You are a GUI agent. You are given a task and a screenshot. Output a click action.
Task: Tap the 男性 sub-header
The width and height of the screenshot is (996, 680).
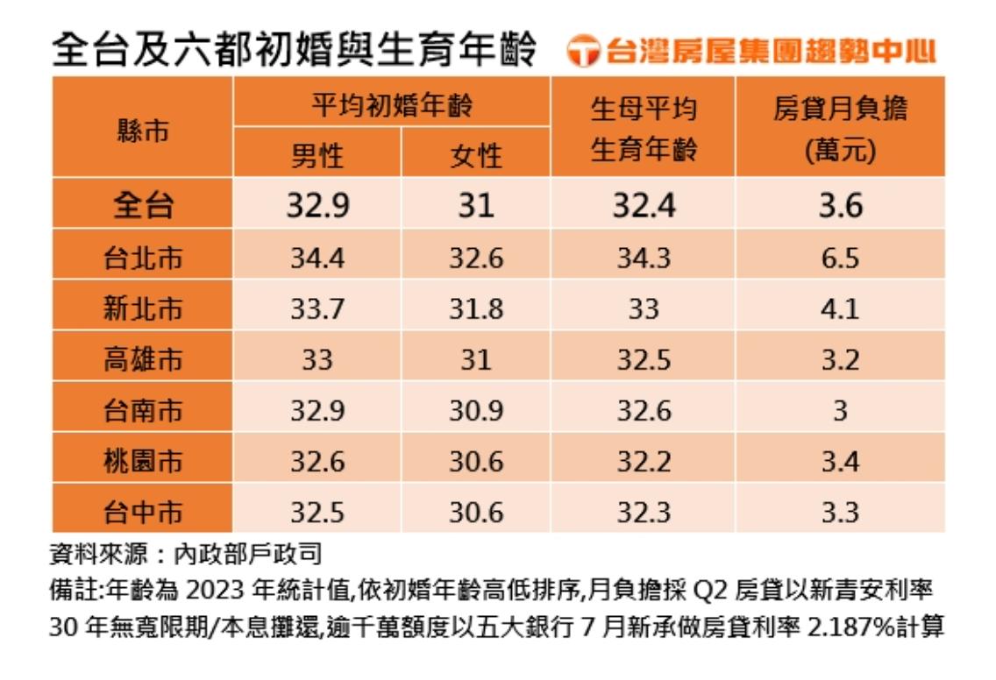(x=317, y=155)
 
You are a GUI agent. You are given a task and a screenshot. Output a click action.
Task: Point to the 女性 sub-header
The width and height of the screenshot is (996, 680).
(x=476, y=155)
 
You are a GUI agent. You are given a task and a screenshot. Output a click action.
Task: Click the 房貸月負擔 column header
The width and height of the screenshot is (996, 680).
(x=840, y=128)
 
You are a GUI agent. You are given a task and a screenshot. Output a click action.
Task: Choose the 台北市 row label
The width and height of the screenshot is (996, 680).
(x=143, y=258)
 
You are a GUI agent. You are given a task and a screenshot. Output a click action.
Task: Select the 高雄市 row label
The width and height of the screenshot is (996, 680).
(x=143, y=359)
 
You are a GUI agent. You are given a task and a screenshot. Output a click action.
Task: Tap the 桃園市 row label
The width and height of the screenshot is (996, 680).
(x=143, y=461)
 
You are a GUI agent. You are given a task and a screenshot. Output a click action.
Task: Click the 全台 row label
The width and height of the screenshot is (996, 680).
(x=143, y=206)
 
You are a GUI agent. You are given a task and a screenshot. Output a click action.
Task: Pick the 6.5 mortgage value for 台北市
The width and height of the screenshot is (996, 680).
(x=840, y=258)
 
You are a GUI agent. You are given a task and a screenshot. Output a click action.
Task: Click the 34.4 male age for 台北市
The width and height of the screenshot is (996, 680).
(x=317, y=258)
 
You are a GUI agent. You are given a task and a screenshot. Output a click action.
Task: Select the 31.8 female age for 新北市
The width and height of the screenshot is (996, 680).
(x=476, y=308)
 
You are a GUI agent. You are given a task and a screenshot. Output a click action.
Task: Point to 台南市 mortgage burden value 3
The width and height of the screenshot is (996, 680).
(x=840, y=410)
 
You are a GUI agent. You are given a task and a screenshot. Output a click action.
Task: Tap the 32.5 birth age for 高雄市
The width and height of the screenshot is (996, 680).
(x=644, y=359)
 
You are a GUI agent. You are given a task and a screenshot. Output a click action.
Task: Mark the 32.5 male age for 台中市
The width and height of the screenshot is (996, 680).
(x=317, y=512)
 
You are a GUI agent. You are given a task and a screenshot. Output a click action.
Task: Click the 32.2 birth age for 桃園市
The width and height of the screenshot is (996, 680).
(x=644, y=461)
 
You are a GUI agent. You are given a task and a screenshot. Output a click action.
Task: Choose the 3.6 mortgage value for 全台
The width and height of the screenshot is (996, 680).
(x=840, y=206)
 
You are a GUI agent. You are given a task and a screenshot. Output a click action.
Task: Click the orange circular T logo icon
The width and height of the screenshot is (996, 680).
(x=582, y=52)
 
